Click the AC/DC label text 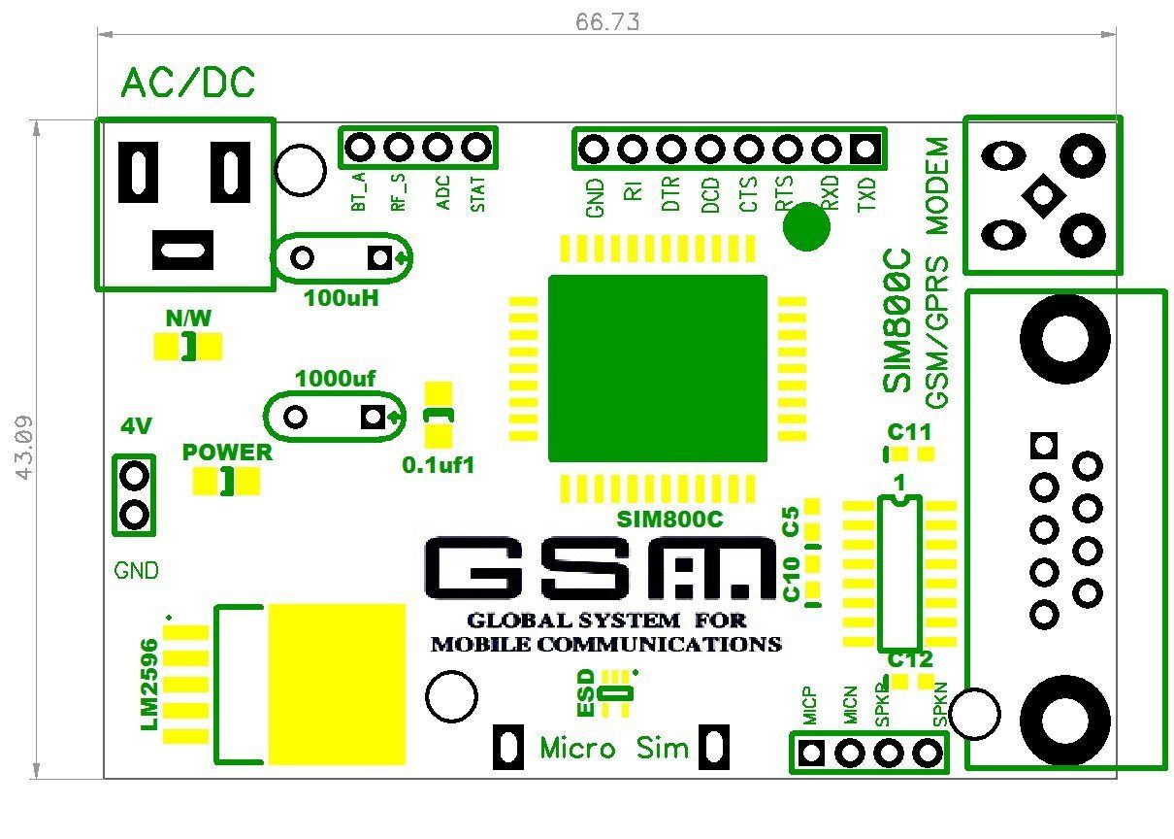188,84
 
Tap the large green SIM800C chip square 657,368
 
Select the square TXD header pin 865,150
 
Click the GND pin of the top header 594,150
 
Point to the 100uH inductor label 341,298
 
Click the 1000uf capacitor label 335,379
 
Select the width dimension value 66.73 607,21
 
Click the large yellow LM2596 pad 337,684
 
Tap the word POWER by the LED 228,453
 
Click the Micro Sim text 613,749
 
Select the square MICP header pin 812,753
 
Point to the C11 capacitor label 909,432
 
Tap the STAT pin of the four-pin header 475,148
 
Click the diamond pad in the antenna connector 1043,195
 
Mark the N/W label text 188,318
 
